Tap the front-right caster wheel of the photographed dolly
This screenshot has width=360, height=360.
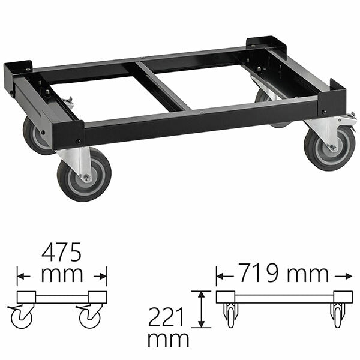click(325, 149)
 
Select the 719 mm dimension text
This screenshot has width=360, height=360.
click(282, 274)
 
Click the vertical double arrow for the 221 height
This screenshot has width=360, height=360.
click(202, 309)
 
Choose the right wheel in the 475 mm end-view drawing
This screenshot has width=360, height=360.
click(91, 316)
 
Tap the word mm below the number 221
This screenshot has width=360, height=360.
click(168, 340)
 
